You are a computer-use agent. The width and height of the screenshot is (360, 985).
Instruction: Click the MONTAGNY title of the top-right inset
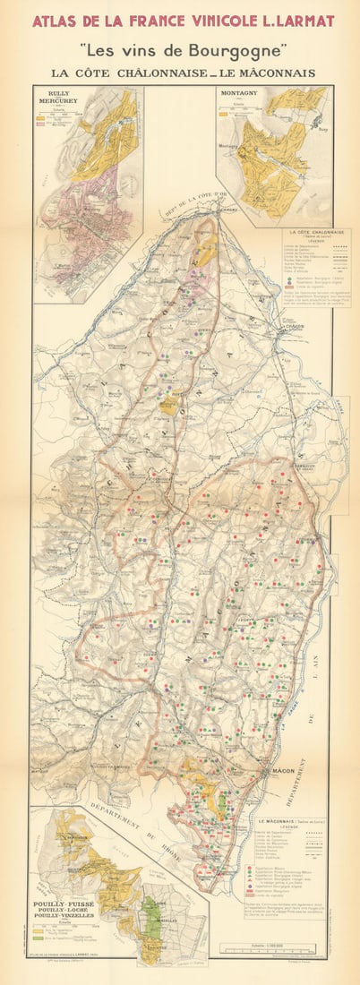tap(239, 91)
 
